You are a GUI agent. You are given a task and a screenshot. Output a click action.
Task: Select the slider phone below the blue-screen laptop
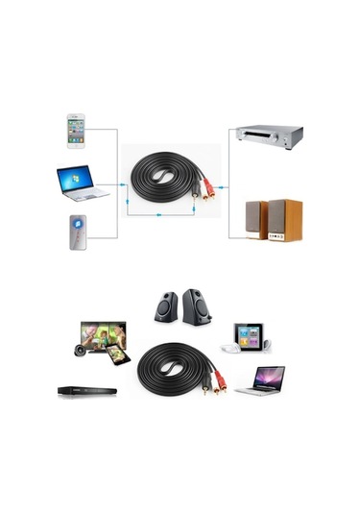tap(79, 232)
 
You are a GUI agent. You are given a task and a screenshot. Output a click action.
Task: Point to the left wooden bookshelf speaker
tap(255, 219)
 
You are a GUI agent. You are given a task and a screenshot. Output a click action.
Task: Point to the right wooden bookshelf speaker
tap(283, 218)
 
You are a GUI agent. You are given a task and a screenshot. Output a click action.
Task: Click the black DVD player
tap(86, 391)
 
